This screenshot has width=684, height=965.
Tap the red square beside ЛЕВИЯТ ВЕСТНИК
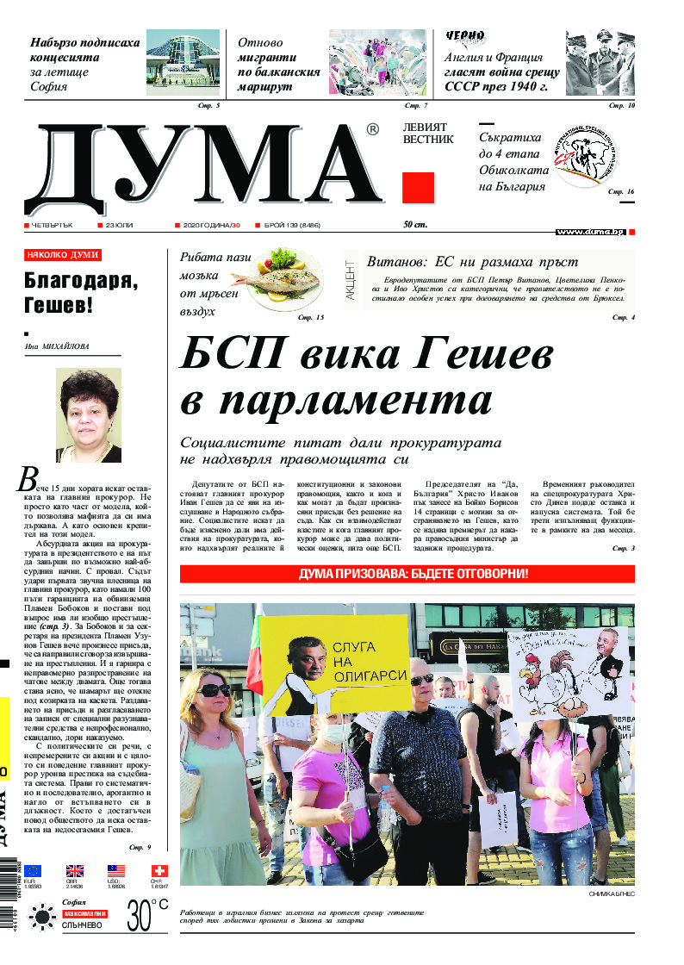[418, 188]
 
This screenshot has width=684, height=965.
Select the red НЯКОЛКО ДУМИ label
[63, 255]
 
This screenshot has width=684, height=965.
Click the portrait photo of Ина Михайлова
[88, 415]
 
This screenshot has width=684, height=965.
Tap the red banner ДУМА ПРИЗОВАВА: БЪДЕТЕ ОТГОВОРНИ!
[407, 574]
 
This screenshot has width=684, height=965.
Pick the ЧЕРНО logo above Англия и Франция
[465, 37]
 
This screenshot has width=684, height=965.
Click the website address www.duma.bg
[590, 232]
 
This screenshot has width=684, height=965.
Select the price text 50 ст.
[415, 225]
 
